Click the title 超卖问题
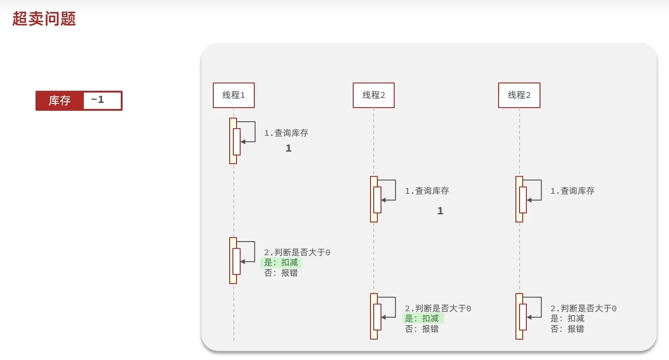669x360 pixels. point(44,19)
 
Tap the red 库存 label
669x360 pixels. point(60,101)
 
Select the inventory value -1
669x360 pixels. point(98,99)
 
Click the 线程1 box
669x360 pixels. point(233,95)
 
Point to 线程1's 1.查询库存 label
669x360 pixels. point(286,133)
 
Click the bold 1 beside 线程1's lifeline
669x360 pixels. point(288,148)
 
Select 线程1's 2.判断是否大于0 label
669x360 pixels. point(297,252)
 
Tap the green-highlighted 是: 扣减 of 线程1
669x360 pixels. point(281,263)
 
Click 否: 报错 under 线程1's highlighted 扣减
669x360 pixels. point(281,273)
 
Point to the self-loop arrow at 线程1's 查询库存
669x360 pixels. point(249,132)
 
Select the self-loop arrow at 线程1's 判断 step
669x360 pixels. point(249,252)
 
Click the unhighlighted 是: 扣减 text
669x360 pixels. point(567,319)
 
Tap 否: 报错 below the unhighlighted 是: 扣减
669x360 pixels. point(567,329)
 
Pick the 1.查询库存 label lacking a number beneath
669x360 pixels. point(572,191)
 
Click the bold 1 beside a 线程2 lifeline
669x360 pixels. point(440,211)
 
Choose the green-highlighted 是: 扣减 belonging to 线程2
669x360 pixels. point(422,319)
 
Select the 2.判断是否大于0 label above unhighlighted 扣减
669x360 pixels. point(583,309)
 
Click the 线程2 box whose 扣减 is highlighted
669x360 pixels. point(373,95)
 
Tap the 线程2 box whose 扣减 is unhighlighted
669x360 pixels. point(519,95)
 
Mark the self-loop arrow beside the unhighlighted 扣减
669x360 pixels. point(535,308)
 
